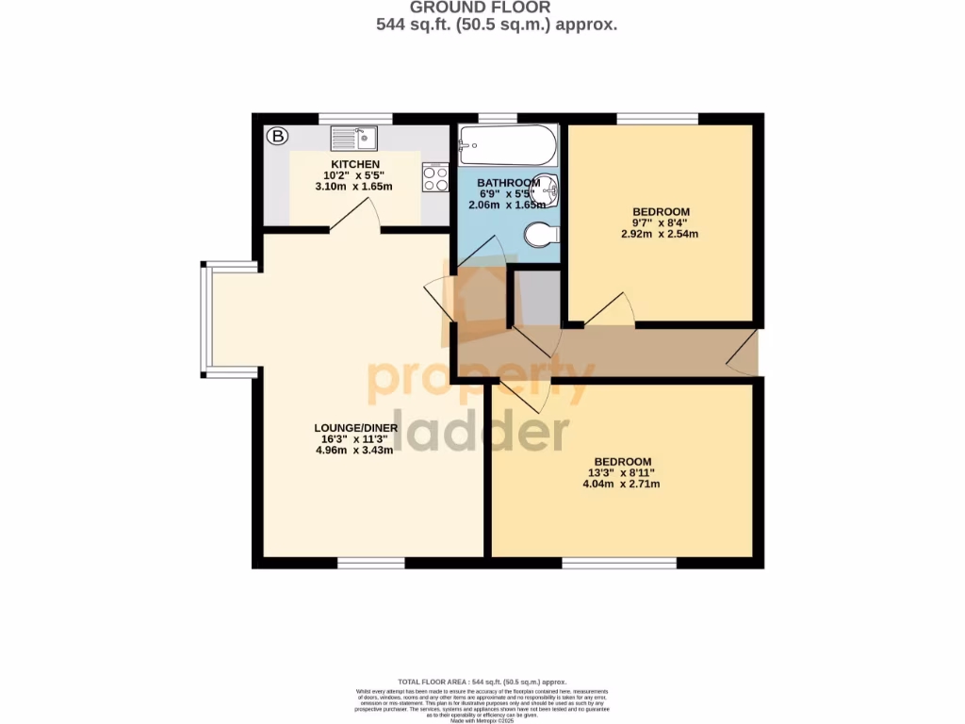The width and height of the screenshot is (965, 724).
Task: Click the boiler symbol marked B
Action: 277,137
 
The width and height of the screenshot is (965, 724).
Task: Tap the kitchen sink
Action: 353,139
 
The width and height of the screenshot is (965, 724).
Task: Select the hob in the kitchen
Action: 435,177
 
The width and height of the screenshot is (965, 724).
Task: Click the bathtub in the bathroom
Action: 507,146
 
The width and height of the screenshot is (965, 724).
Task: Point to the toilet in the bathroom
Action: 541,234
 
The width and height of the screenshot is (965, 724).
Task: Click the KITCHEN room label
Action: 355,165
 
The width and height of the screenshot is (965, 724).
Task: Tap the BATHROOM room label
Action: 508,183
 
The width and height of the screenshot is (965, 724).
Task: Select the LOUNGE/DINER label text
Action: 357,427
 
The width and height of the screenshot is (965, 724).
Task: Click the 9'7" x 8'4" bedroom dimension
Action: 660,222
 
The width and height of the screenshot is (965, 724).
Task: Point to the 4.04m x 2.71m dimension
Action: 621,485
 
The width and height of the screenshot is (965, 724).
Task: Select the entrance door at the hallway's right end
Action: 744,353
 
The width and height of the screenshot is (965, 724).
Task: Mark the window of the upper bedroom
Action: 657,119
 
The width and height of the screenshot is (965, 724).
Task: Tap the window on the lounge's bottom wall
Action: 370,563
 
